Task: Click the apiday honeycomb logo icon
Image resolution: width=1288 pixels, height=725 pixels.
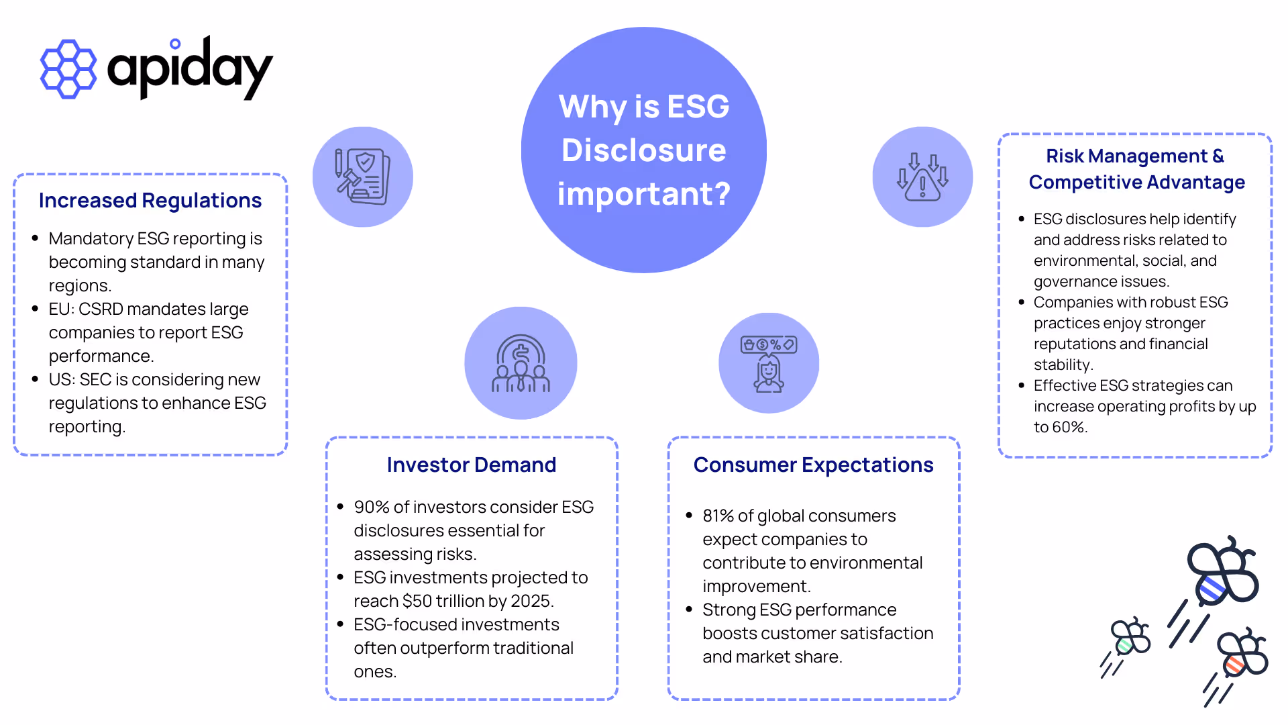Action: (68, 69)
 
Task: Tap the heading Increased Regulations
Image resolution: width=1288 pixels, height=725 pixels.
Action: (150, 201)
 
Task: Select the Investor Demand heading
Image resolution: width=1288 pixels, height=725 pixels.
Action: (472, 465)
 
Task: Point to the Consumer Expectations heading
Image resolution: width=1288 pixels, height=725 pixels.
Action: (813, 465)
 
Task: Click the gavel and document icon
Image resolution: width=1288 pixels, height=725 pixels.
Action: (363, 177)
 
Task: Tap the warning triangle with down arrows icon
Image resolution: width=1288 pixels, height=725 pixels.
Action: (922, 177)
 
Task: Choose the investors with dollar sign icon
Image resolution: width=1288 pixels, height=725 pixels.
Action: (521, 363)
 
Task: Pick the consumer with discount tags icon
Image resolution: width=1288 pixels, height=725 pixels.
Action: (769, 363)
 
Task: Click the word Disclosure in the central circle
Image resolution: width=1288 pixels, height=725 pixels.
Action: (644, 150)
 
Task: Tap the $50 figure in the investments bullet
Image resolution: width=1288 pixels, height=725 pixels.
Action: (417, 601)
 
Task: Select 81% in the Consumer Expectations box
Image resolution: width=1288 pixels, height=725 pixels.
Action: (718, 516)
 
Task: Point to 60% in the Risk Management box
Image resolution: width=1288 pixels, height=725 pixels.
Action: (1069, 427)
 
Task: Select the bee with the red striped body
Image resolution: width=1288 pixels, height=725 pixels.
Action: (1241, 654)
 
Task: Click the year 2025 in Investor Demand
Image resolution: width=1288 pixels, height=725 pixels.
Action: (531, 601)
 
